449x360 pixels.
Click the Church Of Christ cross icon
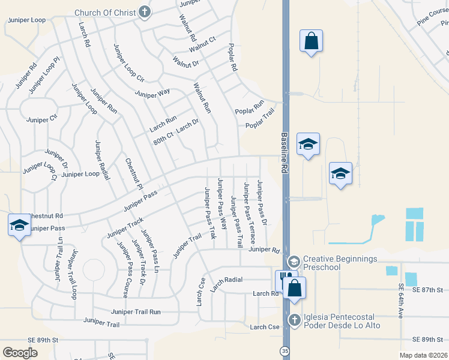tap(144, 12)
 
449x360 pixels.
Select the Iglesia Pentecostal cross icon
tap(294, 320)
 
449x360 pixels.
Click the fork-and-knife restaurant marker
tap(283, 280)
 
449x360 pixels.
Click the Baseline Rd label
tap(285, 153)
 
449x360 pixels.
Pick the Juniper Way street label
tap(152, 94)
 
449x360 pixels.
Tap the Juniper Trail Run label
tap(136, 311)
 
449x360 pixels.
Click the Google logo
tap(20, 352)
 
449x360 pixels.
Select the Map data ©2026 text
tap(420, 355)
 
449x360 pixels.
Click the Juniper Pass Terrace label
tap(249, 209)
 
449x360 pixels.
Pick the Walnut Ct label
tap(202, 44)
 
